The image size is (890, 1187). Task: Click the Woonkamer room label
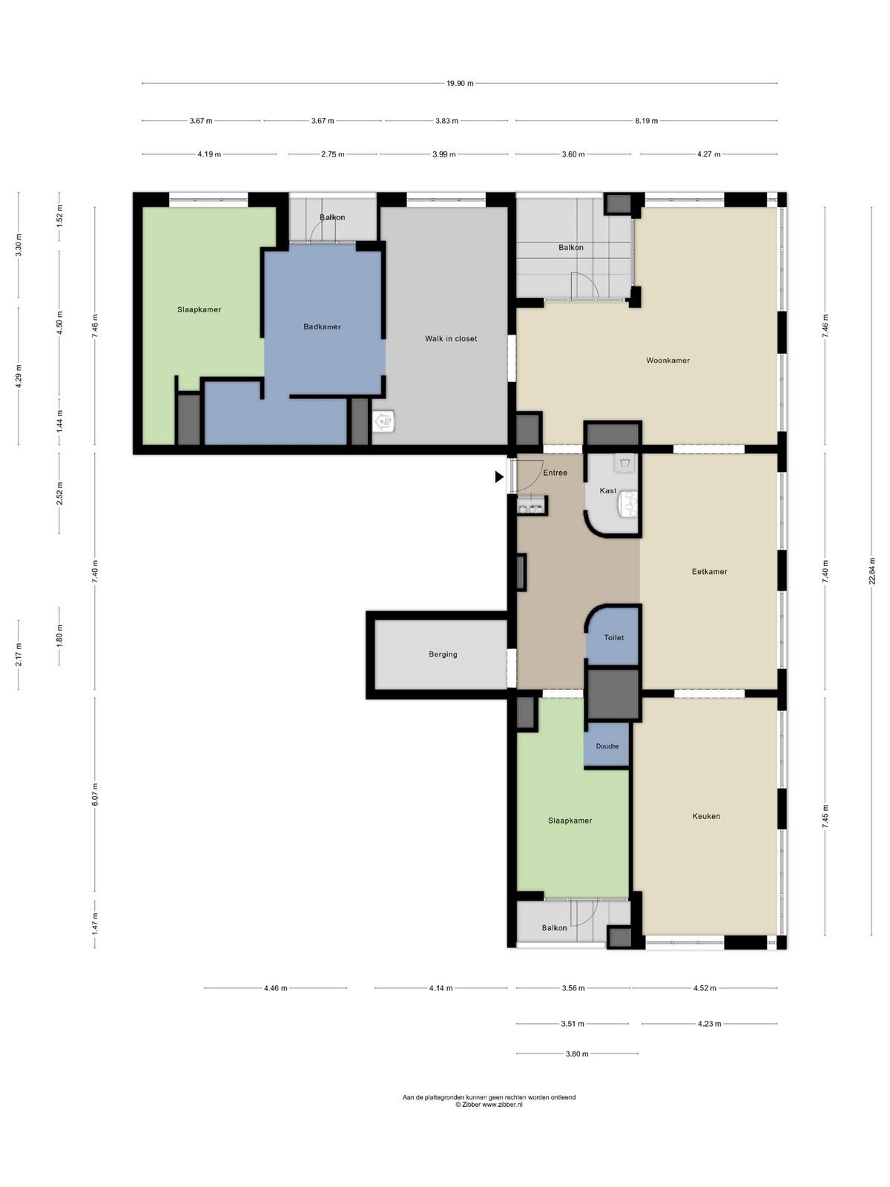pyautogui.click(x=667, y=360)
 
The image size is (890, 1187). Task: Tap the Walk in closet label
pyautogui.click(x=451, y=338)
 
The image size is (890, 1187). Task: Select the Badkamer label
pyautogui.click(x=322, y=326)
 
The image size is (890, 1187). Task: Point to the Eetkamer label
pyautogui.click(x=709, y=571)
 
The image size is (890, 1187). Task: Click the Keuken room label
pyautogui.click(x=706, y=816)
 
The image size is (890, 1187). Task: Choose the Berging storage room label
pyautogui.click(x=443, y=654)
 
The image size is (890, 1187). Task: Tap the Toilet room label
pyautogui.click(x=613, y=637)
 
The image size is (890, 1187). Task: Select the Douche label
pyautogui.click(x=607, y=746)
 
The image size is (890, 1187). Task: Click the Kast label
pyautogui.click(x=608, y=490)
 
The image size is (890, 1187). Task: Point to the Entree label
pyautogui.click(x=555, y=473)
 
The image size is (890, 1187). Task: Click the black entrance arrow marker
pyautogui.click(x=498, y=476)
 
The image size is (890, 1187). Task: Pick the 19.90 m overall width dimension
pyautogui.click(x=459, y=83)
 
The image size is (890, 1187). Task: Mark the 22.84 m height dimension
pyautogui.click(x=871, y=571)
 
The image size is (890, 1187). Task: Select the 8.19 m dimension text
pyautogui.click(x=646, y=121)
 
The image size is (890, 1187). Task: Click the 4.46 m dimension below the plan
pyautogui.click(x=275, y=988)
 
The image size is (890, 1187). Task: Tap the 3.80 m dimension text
pyautogui.click(x=576, y=1053)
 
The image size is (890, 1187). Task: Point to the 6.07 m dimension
pyautogui.click(x=95, y=795)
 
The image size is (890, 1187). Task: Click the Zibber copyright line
pyautogui.click(x=489, y=1105)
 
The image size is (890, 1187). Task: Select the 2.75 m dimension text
pyautogui.click(x=332, y=154)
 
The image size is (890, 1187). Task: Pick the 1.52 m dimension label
pyautogui.click(x=59, y=215)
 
